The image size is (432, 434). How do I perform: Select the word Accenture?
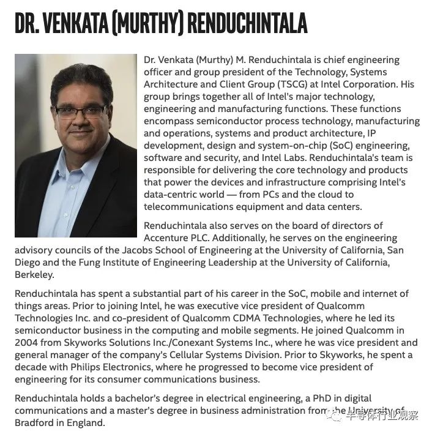click(x=166, y=238)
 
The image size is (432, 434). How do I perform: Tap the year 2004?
click(x=27, y=343)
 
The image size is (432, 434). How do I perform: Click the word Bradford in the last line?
click(x=35, y=422)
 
